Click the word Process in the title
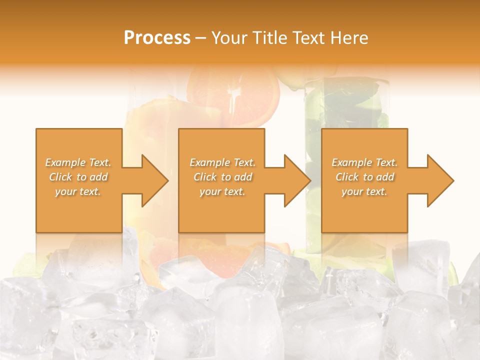pos(157,38)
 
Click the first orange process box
pos(79,210)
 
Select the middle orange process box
pos(221,210)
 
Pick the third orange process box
pos(364,210)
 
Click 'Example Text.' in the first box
pos(78,162)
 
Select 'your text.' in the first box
pos(78,191)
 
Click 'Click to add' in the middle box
pos(222,177)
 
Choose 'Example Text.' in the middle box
pos(222,162)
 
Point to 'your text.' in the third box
pos(364,191)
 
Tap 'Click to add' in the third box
pos(364,177)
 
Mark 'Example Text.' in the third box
pos(364,162)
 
